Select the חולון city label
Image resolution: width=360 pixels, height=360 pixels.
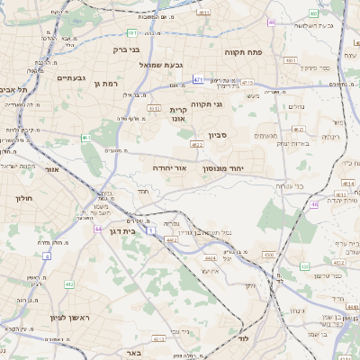[x=23, y=196]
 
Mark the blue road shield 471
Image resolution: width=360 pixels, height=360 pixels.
[x=197, y=80]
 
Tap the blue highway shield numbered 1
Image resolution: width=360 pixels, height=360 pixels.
[x=152, y=231]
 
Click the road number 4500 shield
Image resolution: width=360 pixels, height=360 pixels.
[x=269, y=255]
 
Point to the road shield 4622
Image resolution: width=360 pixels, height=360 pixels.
[x=197, y=144]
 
